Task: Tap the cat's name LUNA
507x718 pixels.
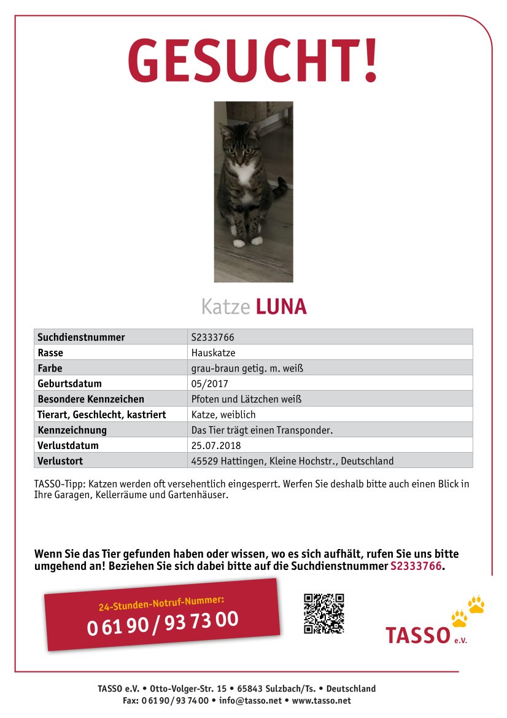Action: (x=281, y=306)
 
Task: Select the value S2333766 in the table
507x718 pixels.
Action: (x=212, y=337)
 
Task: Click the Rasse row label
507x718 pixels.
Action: (x=50, y=353)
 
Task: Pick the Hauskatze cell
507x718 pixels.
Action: (x=213, y=353)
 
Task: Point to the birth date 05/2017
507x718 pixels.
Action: (x=209, y=383)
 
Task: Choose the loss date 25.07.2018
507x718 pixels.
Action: (x=216, y=445)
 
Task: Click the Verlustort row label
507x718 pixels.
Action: (x=60, y=461)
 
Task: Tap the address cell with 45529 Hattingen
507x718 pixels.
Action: (x=292, y=461)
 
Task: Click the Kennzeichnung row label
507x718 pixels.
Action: (x=72, y=430)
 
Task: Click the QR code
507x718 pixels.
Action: (x=323, y=613)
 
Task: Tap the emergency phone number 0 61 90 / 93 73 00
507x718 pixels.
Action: (x=163, y=623)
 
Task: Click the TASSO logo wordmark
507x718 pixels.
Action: (x=417, y=635)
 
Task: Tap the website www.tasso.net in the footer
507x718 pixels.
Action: (x=321, y=700)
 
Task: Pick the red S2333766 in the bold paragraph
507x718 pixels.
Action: (x=416, y=566)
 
